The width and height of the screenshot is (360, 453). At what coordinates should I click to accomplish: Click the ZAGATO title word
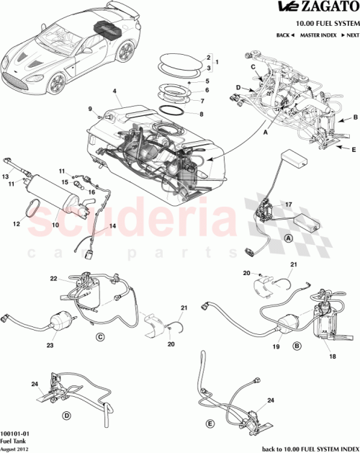tap(325, 9)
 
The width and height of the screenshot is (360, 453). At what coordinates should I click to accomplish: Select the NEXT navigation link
tap(350, 35)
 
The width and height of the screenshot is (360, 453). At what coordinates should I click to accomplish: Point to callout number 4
tap(114, 91)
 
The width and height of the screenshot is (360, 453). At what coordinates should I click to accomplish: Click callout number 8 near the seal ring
tap(202, 114)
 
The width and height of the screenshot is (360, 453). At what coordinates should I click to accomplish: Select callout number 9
tap(91, 109)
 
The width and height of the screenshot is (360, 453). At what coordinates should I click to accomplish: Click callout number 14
tap(112, 227)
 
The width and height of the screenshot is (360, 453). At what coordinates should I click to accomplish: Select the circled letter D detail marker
tap(67, 416)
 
